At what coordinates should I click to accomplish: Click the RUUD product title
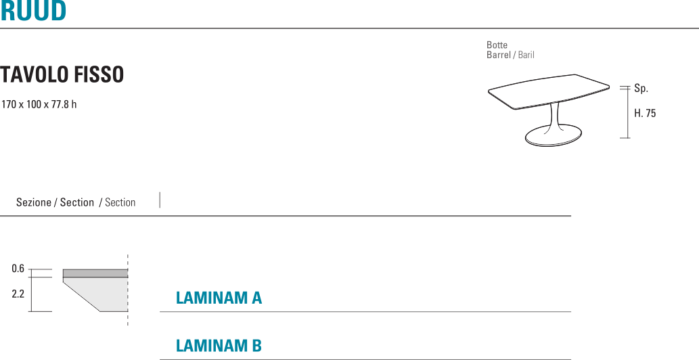point(33,11)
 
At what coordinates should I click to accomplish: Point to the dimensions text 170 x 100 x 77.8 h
point(39,105)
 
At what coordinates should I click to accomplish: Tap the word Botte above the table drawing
point(497,45)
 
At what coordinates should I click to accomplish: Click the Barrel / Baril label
point(510,55)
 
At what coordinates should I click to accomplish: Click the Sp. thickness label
point(641,89)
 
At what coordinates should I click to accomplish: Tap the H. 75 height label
point(645,114)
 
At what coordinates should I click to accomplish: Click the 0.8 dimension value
point(18,269)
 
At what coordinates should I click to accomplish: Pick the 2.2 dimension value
point(18,294)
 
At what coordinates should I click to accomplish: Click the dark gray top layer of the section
point(95,273)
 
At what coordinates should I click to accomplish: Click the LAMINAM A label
point(219,298)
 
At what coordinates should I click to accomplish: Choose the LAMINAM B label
point(219,346)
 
